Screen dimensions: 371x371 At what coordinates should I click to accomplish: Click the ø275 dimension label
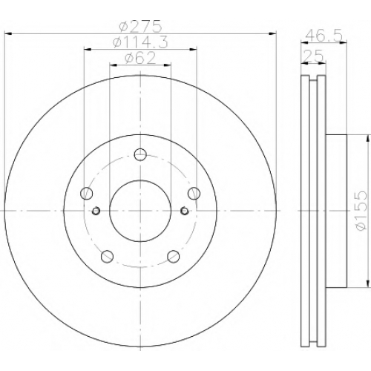[140, 27]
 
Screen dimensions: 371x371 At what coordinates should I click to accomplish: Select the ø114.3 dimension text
[140, 42]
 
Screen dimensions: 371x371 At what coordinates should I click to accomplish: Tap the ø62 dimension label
[140, 58]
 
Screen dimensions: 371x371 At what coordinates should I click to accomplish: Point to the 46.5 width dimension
[324, 36]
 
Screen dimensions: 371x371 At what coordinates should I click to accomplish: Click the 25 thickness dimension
[313, 56]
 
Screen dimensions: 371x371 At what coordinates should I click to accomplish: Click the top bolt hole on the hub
[140, 154]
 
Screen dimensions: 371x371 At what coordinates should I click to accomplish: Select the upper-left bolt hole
[87, 193]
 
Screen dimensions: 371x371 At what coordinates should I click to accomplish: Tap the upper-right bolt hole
[194, 193]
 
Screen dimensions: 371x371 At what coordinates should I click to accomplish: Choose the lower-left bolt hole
[107, 256]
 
